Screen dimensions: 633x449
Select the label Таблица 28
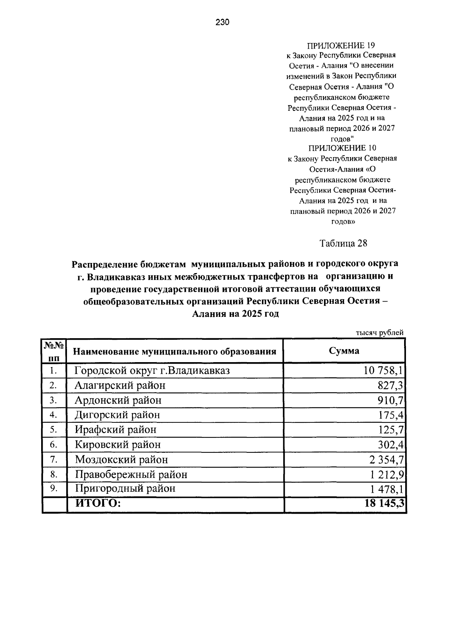(343, 244)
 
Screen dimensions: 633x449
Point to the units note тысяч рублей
(379, 332)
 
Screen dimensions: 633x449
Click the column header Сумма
(344, 351)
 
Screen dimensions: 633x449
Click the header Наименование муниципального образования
(174, 352)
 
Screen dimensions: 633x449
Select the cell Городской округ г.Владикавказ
(152, 371)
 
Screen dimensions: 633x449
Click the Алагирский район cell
(120, 385)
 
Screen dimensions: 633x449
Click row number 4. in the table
(53, 415)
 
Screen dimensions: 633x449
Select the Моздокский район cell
(121, 459)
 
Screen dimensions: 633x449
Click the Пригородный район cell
(125, 489)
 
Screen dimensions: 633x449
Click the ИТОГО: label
(98, 503)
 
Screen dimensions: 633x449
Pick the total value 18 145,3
(384, 504)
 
